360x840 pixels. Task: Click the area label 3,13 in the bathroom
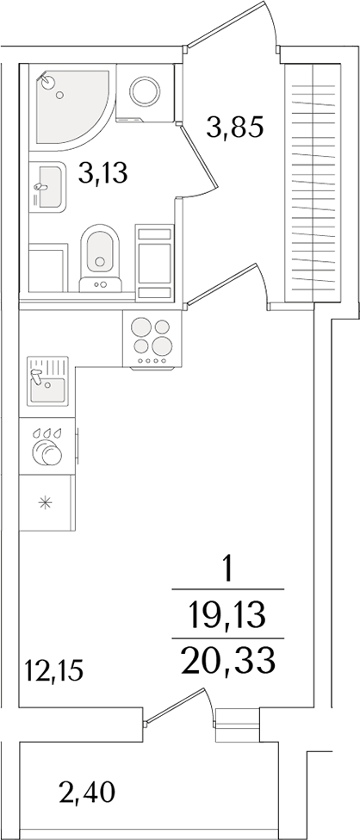point(102,175)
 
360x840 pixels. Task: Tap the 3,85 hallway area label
point(233,129)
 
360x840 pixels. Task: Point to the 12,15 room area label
point(55,669)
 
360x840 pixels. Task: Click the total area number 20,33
point(228,661)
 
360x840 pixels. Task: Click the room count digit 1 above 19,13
point(227,570)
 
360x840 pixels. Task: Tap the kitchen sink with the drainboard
point(47,382)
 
